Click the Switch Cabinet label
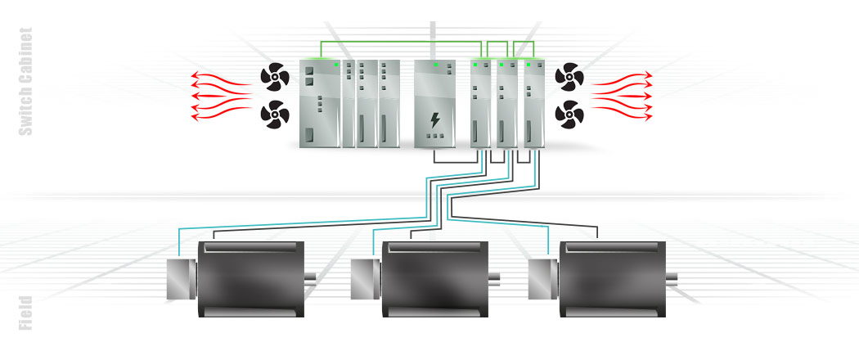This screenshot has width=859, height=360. click(25, 81)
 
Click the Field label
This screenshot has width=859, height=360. click(25, 313)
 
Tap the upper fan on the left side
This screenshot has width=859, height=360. click(275, 79)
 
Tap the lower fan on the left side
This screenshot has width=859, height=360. click(275, 112)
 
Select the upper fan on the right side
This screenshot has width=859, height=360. click(569, 79)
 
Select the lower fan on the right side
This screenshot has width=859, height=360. click(569, 112)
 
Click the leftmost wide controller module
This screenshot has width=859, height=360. click(321, 104)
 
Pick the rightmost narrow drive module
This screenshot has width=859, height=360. click(534, 104)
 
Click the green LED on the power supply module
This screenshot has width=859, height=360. click(436, 65)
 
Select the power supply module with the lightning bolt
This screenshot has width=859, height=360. click(434, 104)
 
